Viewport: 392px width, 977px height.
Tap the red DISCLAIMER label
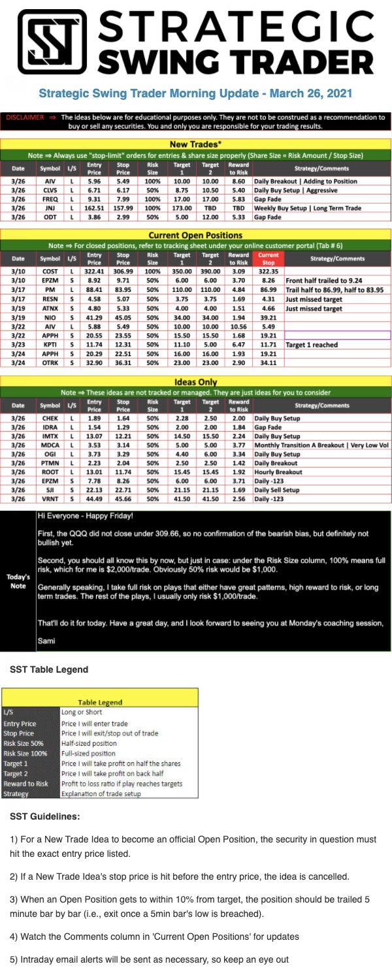(x=24, y=118)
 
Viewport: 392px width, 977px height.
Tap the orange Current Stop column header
(x=269, y=258)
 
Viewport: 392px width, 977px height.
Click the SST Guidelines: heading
(x=45, y=816)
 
